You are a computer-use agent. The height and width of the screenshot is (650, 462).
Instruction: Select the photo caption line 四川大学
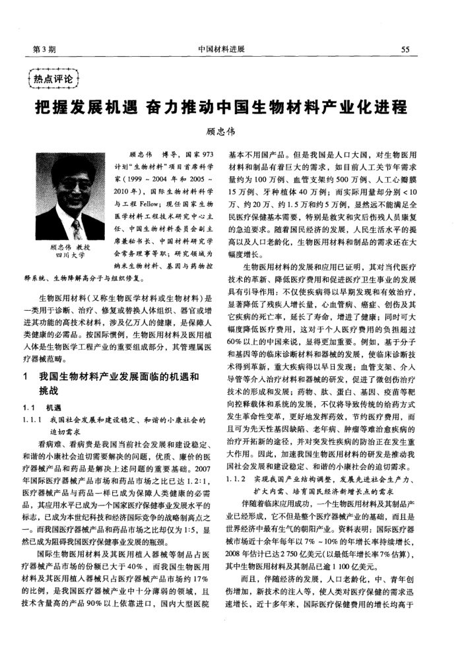67,255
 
